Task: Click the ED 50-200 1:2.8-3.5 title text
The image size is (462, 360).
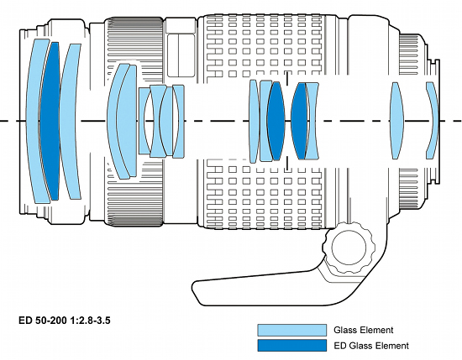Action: point(65,320)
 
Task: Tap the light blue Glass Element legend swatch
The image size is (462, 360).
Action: point(292,330)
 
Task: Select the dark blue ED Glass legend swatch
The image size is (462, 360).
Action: point(292,345)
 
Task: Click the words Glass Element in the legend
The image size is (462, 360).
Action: point(363,330)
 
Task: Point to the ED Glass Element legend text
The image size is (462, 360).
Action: point(371,345)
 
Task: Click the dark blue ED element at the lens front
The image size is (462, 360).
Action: point(50,121)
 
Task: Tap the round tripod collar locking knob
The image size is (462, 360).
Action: point(349,247)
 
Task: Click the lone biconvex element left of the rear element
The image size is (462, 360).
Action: point(396,121)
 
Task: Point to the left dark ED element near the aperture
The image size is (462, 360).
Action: point(276,121)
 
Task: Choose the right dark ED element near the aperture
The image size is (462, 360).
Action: point(299,121)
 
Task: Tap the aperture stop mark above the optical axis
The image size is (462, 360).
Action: point(287,78)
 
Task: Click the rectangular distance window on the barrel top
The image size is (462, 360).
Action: point(181,55)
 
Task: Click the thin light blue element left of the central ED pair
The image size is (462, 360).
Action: point(254,121)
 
